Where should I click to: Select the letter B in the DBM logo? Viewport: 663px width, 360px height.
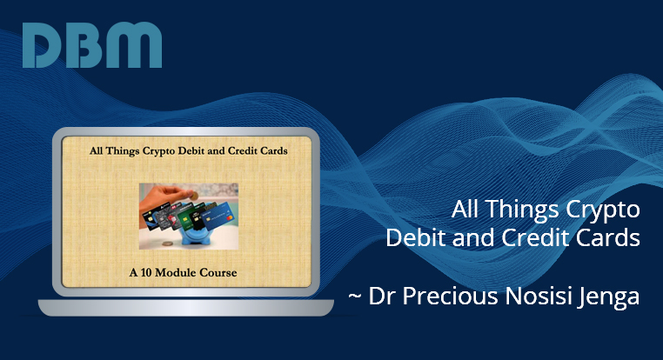86,45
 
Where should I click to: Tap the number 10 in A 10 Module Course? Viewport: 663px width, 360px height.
146,272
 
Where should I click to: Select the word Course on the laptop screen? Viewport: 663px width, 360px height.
218,272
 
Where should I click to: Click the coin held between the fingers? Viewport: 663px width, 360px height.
194,196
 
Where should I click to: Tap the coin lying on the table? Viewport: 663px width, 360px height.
168,243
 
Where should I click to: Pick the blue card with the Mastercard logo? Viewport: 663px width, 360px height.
220,215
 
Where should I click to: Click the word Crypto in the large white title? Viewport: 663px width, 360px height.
603,210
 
